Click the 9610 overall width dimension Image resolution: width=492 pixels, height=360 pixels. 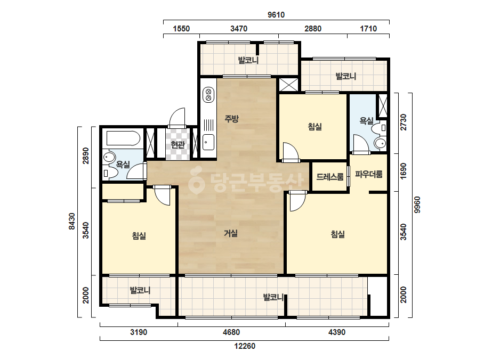(276, 15)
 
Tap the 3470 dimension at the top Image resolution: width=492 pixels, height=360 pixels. (239, 29)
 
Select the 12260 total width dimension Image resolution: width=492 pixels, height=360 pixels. (245, 346)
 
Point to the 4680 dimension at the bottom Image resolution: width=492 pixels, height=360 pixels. (231, 332)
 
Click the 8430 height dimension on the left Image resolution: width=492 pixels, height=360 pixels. (72, 222)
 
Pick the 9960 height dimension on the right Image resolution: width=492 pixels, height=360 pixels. (417, 205)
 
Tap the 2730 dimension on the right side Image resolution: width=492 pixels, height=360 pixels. (404, 122)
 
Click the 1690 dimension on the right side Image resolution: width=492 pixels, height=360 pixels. (404, 171)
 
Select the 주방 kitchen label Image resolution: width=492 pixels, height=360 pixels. (231, 119)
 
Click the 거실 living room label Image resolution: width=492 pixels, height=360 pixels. (231, 233)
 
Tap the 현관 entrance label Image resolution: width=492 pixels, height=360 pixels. (178, 144)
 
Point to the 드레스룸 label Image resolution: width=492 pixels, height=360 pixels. (330, 177)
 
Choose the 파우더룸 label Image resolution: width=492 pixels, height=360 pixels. (369, 174)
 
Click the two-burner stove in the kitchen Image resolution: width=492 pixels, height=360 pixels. (208, 95)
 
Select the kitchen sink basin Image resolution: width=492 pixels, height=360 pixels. (208, 142)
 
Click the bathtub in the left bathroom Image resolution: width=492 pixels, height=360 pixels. (123, 138)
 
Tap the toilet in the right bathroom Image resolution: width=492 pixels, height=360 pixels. (380, 143)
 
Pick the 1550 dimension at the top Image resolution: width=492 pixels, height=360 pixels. (181, 29)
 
